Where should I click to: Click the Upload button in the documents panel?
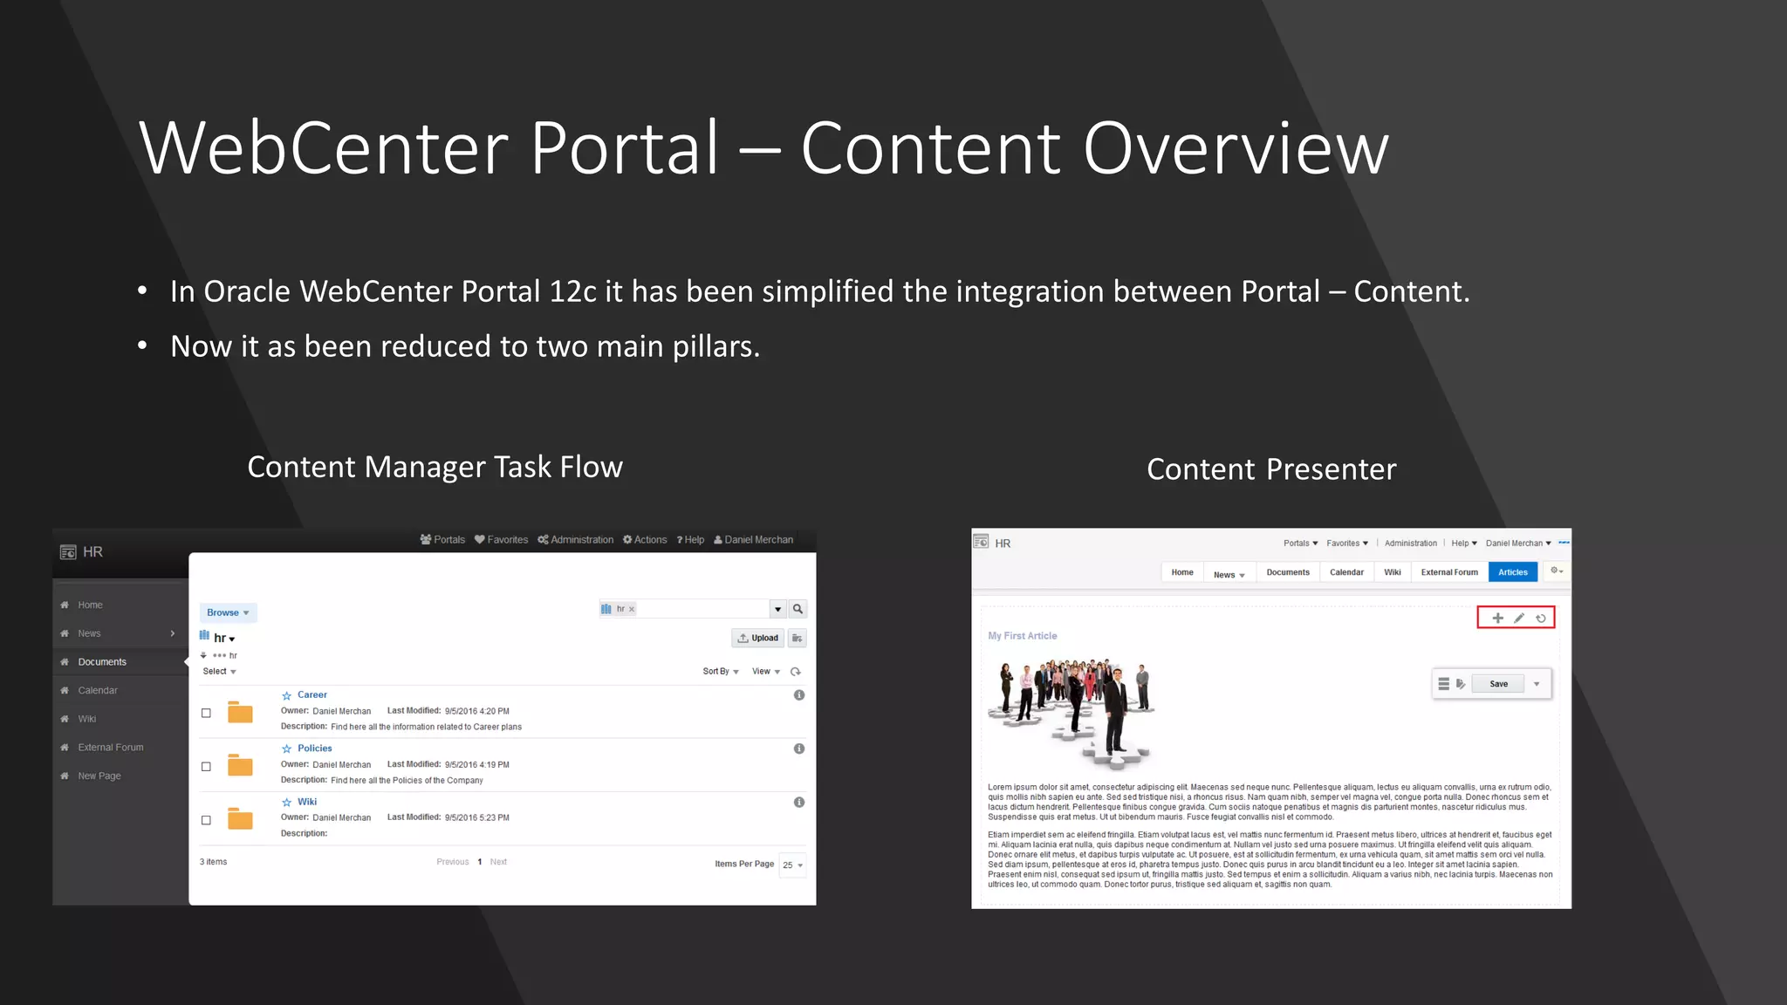(757, 638)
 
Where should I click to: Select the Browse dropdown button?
(228, 612)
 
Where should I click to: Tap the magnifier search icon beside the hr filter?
(798, 609)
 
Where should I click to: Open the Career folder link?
(312, 695)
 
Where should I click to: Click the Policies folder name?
(314, 749)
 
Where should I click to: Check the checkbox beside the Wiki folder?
(206, 820)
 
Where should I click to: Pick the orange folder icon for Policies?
(240, 766)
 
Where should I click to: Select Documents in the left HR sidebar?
(102, 662)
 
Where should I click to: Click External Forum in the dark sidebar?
(111, 748)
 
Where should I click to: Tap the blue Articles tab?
(1512, 572)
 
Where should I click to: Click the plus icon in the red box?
(1497, 618)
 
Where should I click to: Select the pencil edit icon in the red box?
(1519, 618)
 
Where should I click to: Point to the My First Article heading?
(1022, 636)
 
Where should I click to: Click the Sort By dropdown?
(721, 672)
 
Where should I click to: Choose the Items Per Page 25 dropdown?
(792, 865)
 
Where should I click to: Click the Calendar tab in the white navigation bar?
(1346, 572)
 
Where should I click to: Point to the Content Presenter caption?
(1271, 469)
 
